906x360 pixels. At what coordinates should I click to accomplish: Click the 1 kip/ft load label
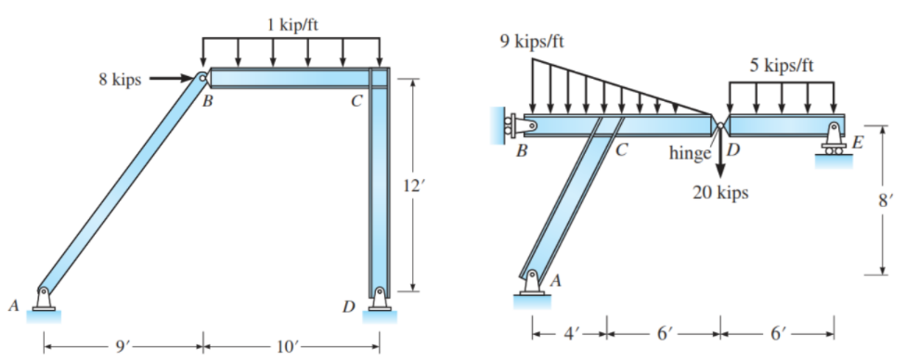[x=293, y=25]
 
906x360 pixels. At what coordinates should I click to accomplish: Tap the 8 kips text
[x=120, y=80]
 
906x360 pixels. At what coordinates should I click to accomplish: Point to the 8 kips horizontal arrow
[x=171, y=78]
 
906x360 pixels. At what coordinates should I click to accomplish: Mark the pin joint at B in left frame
[x=201, y=79]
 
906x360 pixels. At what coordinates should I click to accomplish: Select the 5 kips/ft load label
[x=783, y=65]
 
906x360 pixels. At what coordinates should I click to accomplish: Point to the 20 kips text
[x=721, y=193]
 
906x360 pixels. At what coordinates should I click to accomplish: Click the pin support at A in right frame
[x=533, y=282]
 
